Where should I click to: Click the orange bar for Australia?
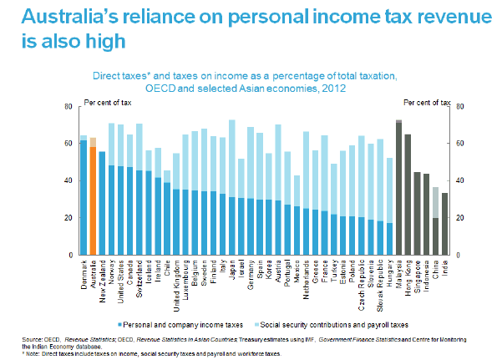(x=93, y=200)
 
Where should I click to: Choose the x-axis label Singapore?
(x=417, y=276)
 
